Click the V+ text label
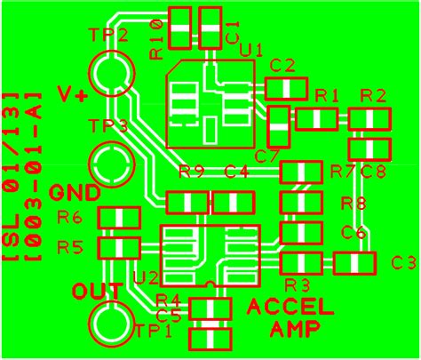72,95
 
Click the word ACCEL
290,308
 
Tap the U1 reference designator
251,51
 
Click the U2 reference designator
146,278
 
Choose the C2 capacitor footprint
285,88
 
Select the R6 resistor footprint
118,218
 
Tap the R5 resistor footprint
118,247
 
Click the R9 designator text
192,172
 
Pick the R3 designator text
298,285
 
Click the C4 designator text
236,172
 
